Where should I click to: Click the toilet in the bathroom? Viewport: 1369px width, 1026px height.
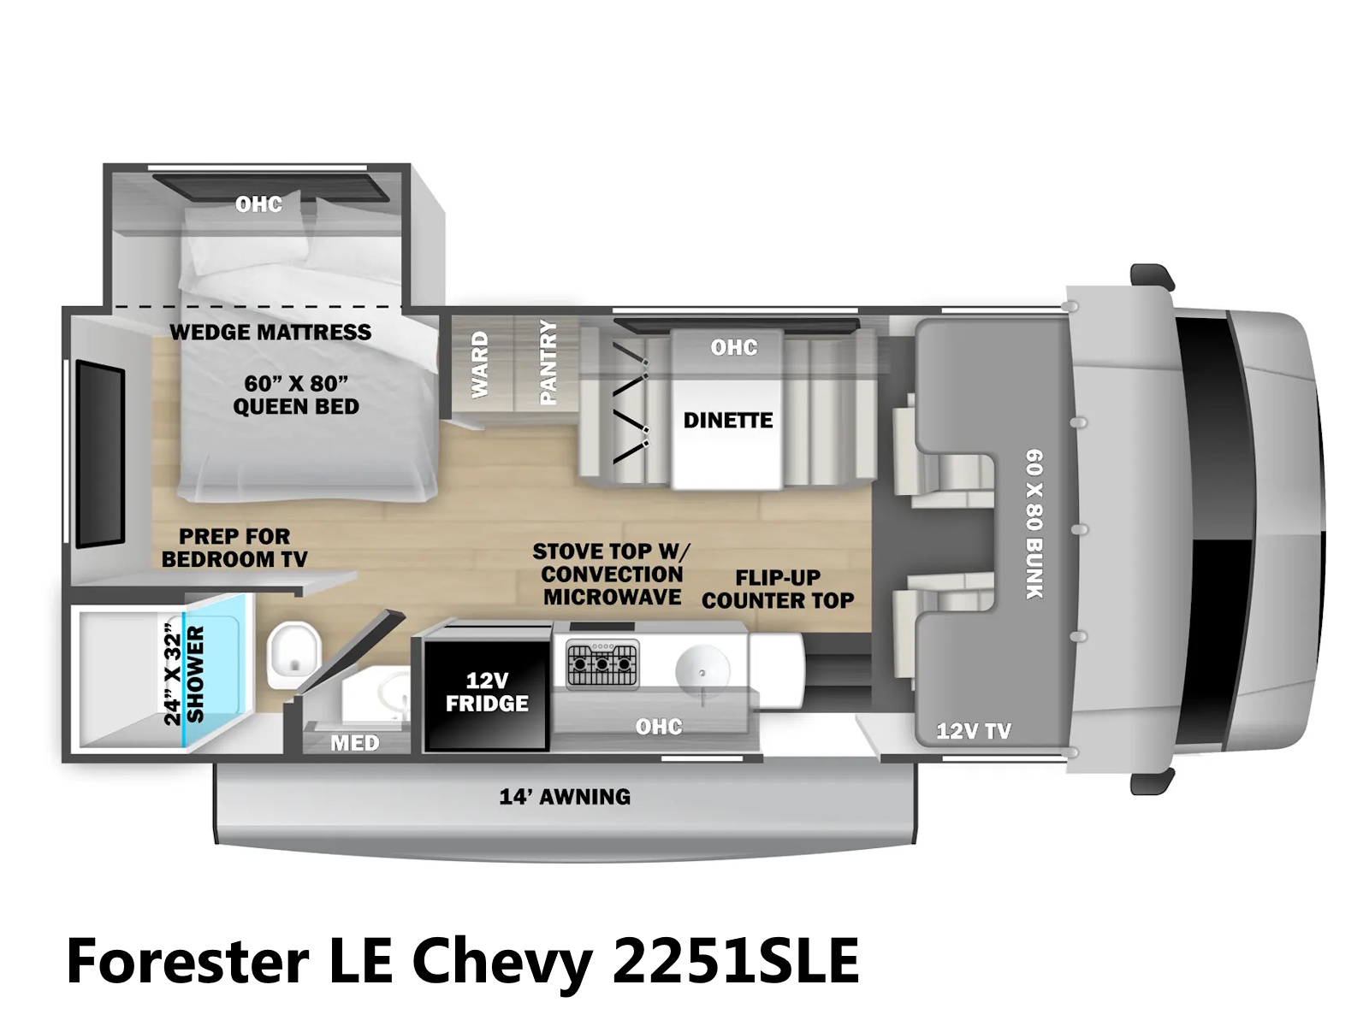click(293, 654)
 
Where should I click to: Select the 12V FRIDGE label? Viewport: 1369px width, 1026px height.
click(487, 692)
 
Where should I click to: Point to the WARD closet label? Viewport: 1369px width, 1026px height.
click(480, 364)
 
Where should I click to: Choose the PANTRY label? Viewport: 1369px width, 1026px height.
click(548, 362)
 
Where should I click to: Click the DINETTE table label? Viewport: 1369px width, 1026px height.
click(727, 420)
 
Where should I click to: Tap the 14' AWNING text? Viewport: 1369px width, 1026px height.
click(565, 797)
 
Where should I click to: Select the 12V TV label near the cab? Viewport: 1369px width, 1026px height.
click(974, 731)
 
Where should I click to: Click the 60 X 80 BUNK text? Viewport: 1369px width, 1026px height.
click(1034, 523)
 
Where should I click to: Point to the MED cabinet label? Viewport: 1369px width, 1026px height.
click(354, 743)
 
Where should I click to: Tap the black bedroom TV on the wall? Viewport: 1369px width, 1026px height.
click(100, 454)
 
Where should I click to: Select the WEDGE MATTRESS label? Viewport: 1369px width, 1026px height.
click(270, 332)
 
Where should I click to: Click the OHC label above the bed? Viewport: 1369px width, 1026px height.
click(258, 204)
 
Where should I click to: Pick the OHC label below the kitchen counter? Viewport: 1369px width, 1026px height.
click(659, 727)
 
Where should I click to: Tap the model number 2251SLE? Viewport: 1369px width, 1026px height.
click(736, 961)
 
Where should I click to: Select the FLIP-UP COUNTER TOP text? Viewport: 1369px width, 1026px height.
click(778, 589)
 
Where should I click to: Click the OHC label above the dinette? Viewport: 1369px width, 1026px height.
click(734, 347)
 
